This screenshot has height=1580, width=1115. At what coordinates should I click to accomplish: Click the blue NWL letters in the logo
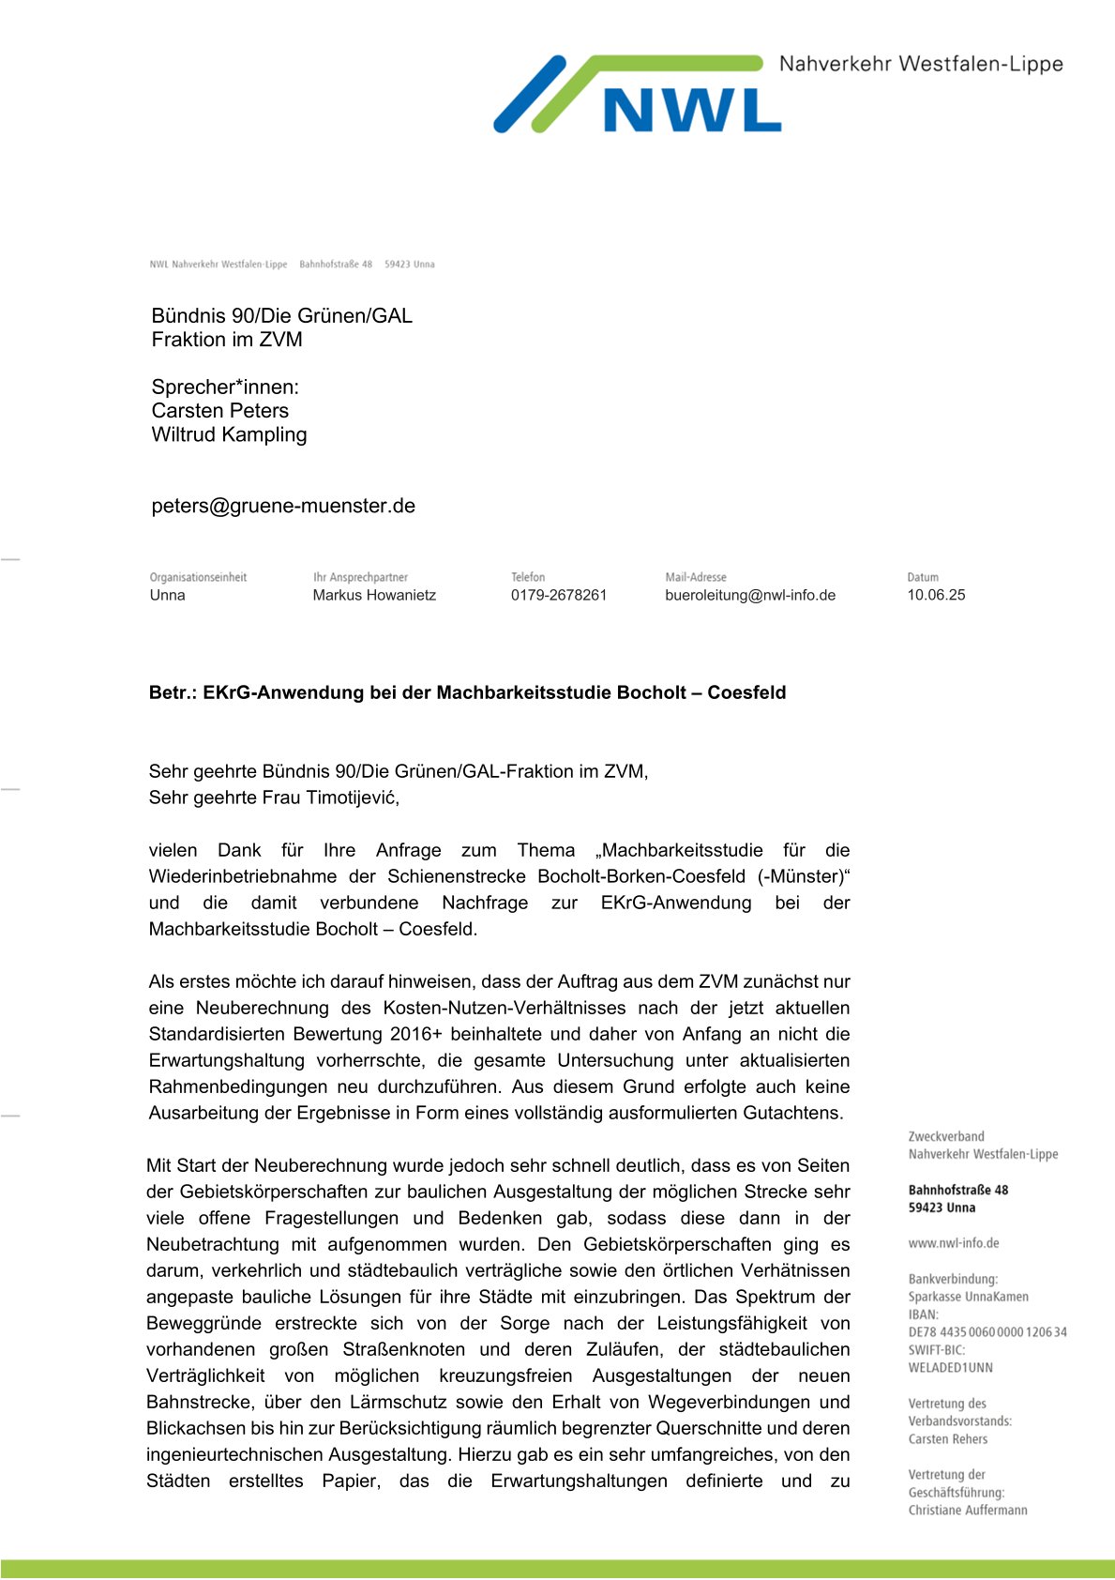click(x=692, y=110)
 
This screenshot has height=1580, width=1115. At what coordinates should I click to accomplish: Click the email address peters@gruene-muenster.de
click(x=283, y=506)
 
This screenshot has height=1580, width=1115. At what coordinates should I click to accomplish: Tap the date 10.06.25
click(x=936, y=595)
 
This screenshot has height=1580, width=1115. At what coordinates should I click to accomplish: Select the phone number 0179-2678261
click(x=559, y=595)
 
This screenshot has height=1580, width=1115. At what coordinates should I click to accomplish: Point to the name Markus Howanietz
click(x=374, y=595)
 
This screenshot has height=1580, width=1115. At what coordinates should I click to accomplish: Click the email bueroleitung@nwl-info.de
click(x=750, y=595)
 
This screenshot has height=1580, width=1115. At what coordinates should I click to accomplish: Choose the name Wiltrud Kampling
click(x=229, y=434)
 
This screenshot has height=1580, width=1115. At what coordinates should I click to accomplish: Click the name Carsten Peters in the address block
click(x=219, y=411)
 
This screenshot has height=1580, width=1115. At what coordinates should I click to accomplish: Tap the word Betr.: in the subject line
click(x=173, y=693)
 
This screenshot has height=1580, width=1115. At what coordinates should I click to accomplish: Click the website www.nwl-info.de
click(x=954, y=1243)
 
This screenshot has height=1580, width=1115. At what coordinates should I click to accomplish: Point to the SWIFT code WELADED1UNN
click(x=950, y=1368)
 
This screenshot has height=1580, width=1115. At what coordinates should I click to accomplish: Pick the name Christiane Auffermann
click(x=968, y=1511)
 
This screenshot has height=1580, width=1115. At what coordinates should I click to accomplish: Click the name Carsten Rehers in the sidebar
click(x=947, y=1439)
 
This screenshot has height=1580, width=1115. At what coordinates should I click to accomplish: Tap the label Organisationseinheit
click(x=198, y=577)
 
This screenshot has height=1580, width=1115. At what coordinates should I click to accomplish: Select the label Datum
click(x=923, y=577)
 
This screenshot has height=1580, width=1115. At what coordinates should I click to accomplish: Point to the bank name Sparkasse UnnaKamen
click(x=968, y=1297)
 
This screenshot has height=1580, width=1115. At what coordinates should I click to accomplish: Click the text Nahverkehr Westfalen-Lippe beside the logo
click(x=921, y=65)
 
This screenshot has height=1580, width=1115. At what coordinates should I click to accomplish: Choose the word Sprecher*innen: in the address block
click(x=225, y=387)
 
